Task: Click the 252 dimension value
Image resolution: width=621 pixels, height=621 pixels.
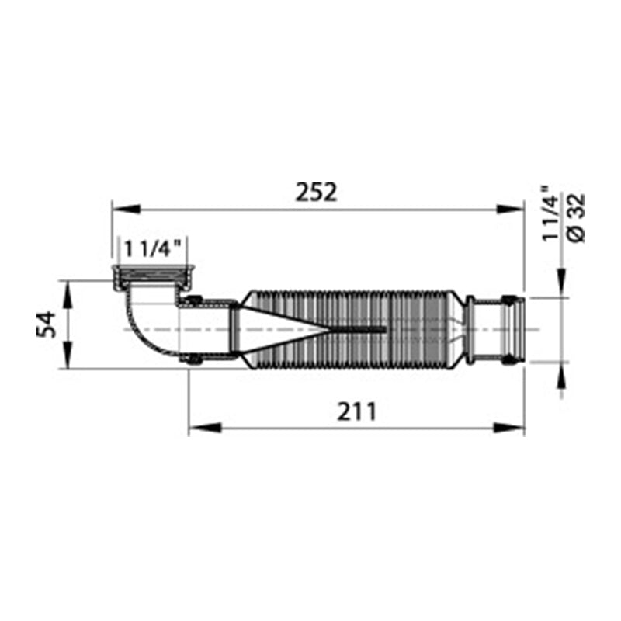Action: [316, 193]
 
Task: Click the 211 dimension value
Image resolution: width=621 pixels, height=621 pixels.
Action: [356, 411]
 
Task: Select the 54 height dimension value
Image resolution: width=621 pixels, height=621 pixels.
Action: [47, 324]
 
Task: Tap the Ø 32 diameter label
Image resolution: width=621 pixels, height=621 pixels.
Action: [575, 218]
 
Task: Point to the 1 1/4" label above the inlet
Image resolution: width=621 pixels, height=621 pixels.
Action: [152, 249]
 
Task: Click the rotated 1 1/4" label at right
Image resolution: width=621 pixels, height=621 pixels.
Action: [550, 213]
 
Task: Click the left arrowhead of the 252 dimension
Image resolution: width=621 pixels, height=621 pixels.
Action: [127, 209]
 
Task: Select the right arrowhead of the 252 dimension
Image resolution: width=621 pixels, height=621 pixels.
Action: [511, 209]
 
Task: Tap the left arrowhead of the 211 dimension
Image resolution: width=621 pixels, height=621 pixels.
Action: [204, 428]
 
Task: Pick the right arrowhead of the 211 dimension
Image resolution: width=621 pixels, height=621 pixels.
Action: [509, 428]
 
